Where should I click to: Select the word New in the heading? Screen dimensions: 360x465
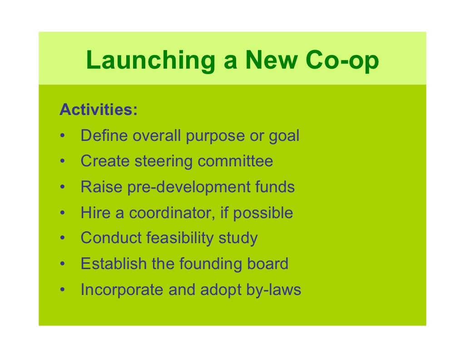(274, 61)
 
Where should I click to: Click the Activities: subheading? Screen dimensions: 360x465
(99, 110)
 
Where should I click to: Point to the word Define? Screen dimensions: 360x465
(104, 135)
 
